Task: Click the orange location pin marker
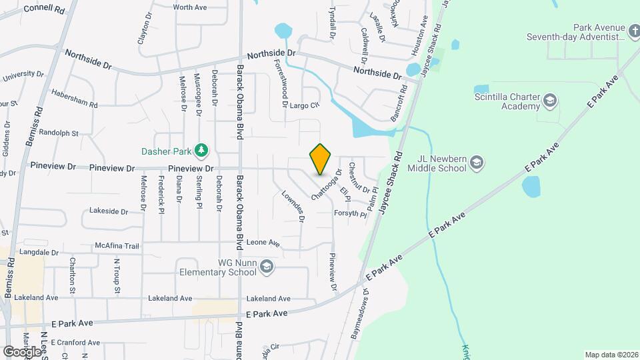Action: pyautogui.click(x=321, y=159)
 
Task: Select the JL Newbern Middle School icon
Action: pyautogui.click(x=476, y=162)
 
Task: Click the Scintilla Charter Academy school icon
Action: pyautogui.click(x=550, y=101)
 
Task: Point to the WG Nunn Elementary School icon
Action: pyautogui.click(x=266, y=267)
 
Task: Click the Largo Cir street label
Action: pyautogui.click(x=305, y=105)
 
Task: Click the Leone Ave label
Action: pyautogui.click(x=263, y=243)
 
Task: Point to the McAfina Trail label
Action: pyautogui.click(x=117, y=245)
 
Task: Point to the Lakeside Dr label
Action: pyautogui.click(x=108, y=211)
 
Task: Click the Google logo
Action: pyautogui.click(x=21, y=351)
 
